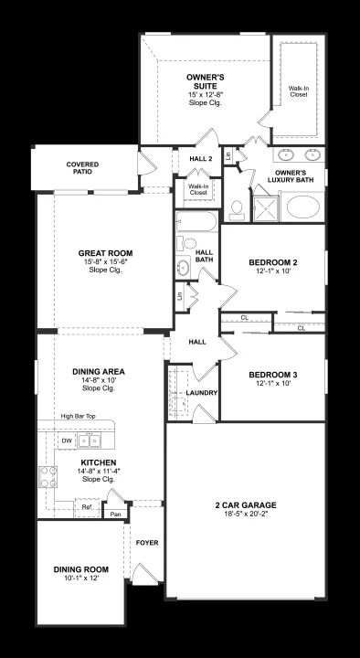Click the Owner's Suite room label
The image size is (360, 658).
click(x=206, y=82)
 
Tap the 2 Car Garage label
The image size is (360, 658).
click(x=246, y=504)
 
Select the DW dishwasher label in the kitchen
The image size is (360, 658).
click(x=67, y=440)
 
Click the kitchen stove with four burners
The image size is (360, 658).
click(x=48, y=477)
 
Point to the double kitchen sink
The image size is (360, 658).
click(x=90, y=440)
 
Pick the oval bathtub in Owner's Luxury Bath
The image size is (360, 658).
click(x=303, y=207)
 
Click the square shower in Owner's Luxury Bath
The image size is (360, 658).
click(x=266, y=207)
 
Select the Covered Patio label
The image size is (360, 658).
click(x=82, y=168)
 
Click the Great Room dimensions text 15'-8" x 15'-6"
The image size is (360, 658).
click(x=105, y=262)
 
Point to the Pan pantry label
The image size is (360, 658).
click(x=115, y=514)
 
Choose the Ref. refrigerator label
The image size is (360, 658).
click(x=88, y=507)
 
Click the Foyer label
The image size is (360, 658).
click(x=147, y=543)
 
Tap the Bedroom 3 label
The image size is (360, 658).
click(x=272, y=375)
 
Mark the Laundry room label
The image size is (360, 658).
click(x=201, y=393)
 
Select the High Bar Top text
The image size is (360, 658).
click(x=78, y=416)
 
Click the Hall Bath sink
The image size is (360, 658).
click(x=184, y=267)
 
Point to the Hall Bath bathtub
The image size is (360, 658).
click(x=196, y=221)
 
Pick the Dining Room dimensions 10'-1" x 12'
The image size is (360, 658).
click(x=80, y=578)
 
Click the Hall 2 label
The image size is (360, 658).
click(x=201, y=159)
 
